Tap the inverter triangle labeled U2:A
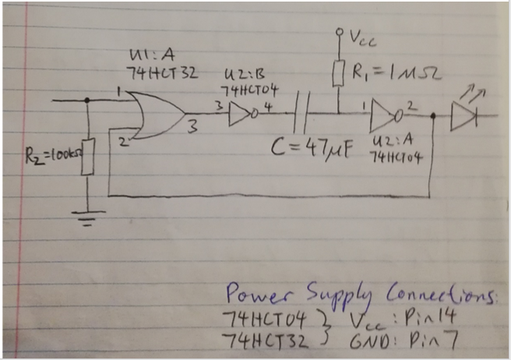coord(383,118)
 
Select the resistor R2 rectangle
coord(87,156)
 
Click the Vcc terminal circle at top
coord(339,34)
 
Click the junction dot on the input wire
coord(87,100)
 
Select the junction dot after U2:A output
coord(432,118)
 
